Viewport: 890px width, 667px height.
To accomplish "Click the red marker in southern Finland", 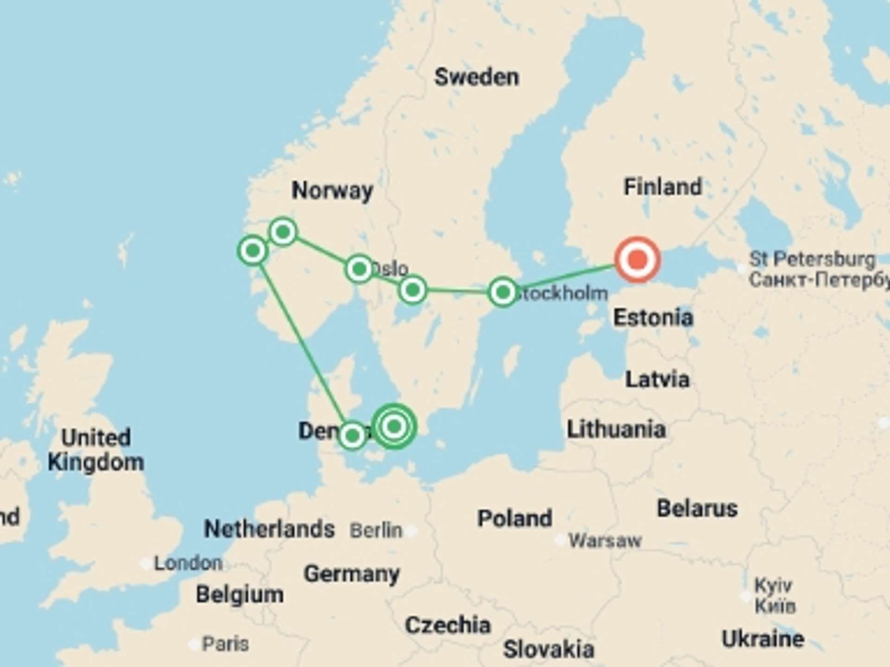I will (x=637, y=259).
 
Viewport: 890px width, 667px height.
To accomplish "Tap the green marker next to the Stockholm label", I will (x=503, y=292).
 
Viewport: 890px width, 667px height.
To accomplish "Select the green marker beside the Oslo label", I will (x=359, y=269).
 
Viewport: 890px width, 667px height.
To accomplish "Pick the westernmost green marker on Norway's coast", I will (x=253, y=251).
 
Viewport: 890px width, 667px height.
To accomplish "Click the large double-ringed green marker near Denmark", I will (x=394, y=426).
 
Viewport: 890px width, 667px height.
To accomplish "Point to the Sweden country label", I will (x=477, y=77).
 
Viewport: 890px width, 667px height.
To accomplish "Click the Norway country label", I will (x=332, y=190).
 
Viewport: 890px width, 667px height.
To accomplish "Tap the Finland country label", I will (x=663, y=187).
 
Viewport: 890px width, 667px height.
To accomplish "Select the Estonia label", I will (x=653, y=318).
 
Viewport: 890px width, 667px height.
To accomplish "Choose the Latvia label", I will (x=657, y=379).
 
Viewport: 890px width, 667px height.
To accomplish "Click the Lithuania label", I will (x=617, y=429).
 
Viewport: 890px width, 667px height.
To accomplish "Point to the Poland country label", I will (x=515, y=518).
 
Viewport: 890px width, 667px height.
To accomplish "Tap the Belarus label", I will (x=697, y=508).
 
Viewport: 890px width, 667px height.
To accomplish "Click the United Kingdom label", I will (x=96, y=450).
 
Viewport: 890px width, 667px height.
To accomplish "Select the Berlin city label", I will (x=376, y=530).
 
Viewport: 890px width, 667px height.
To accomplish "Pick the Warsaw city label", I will (x=605, y=540).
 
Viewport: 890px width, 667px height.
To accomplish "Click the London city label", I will (x=188, y=563).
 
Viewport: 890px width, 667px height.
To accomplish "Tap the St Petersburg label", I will (x=812, y=259).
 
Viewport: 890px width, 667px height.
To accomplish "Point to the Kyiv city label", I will (x=773, y=586).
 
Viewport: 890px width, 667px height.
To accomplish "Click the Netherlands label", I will (x=269, y=529).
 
